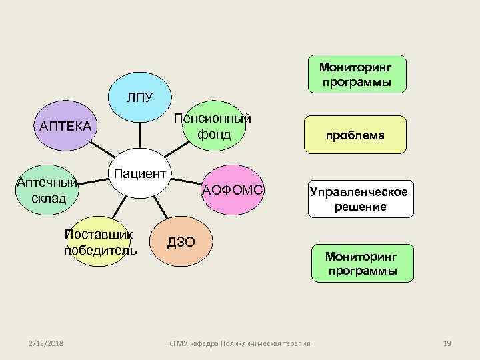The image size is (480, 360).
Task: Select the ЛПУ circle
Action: pos(141,99)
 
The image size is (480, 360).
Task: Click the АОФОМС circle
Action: pos(233,190)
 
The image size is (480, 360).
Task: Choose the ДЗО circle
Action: pos(182,242)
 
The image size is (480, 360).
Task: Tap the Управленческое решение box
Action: pos(361,199)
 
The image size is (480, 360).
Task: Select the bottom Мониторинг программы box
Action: pos(362,263)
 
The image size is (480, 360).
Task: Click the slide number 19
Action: pos(447,343)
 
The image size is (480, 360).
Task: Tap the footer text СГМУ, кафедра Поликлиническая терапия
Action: pos(240,343)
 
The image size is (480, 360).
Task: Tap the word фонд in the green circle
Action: pos(214,135)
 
